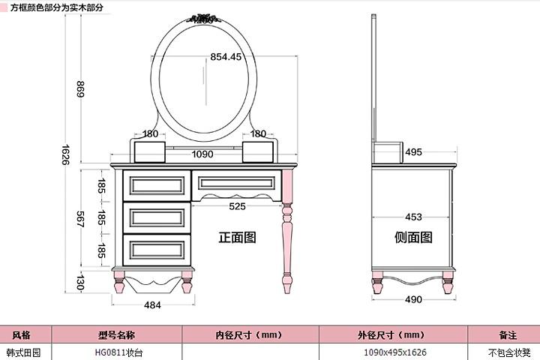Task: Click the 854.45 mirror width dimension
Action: (x=226, y=57)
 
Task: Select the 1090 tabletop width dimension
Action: (x=202, y=154)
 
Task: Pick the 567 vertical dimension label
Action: (x=82, y=217)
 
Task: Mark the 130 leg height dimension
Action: (x=81, y=283)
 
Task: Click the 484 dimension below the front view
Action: (x=152, y=305)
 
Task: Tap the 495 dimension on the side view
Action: (x=413, y=152)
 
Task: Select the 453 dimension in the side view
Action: (x=413, y=217)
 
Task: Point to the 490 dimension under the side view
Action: (x=413, y=300)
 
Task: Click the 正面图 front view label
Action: (x=237, y=238)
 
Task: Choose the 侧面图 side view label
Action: (x=413, y=238)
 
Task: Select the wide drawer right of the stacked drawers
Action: (x=237, y=184)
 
